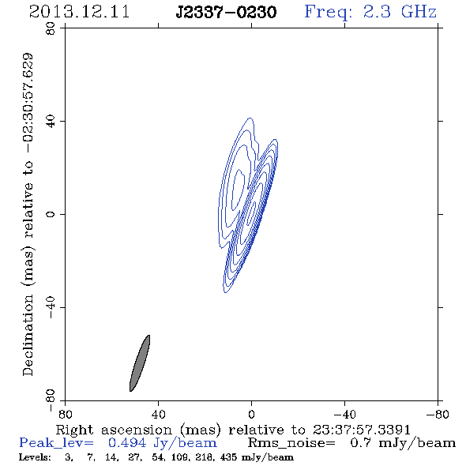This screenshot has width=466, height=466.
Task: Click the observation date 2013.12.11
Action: [79, 12]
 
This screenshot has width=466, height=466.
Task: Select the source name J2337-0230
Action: [226, 13]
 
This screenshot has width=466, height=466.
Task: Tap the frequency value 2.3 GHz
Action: [400, 12]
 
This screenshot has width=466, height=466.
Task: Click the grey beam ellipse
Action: [140, 363]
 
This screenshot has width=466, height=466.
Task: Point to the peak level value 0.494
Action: [127, 443]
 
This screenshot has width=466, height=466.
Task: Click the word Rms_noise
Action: [291, 443]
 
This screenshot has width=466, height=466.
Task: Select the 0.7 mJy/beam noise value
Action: [403, 443]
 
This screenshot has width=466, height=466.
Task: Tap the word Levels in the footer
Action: [35, 457]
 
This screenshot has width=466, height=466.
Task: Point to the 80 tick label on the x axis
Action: [65, 415]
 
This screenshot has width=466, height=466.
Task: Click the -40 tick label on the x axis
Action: [344, 415]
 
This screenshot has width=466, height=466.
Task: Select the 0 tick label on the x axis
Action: [251, 415]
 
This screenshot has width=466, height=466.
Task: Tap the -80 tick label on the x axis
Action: [438, 415]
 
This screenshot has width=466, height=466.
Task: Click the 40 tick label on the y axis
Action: [51, 122]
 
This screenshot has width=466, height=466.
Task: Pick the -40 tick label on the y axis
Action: [51, 307]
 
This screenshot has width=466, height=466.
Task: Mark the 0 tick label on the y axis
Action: [51, 214]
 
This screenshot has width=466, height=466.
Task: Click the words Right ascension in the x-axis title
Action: [114, 430]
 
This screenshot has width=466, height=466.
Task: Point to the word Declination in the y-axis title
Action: [28, 335]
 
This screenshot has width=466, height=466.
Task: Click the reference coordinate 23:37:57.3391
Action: [362, 430]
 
